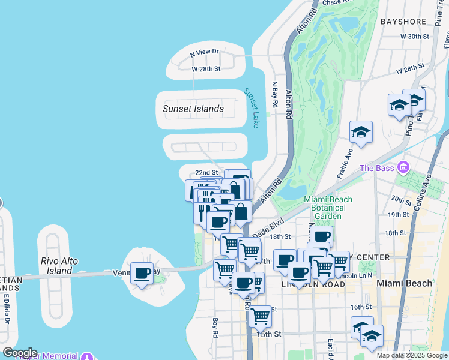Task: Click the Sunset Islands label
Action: point(193,109)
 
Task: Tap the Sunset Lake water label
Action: point(251,108)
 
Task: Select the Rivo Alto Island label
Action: point(65,266)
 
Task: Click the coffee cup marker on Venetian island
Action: point(142,274)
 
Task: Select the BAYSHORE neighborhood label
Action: point(403,22)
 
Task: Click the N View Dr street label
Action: point(205,53)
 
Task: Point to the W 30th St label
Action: point(415,37)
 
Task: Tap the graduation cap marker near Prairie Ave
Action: point(361,132)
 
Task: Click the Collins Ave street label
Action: point(427,188)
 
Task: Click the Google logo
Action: point(19,353)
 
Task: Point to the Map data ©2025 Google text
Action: point(411,355)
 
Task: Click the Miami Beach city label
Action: point(404,283)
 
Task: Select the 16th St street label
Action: point(361,307)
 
